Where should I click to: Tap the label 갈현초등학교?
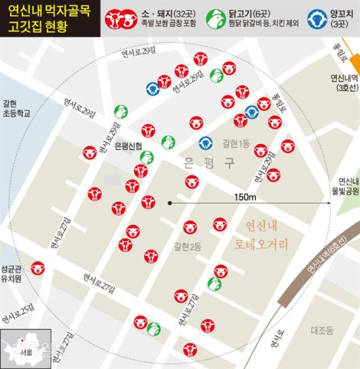click(x=15, y=106)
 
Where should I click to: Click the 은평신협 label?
click(x=128, y=147)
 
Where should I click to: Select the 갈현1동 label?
click(x=235, y=143)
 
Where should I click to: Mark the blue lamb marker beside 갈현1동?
click(x=205, y=143)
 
